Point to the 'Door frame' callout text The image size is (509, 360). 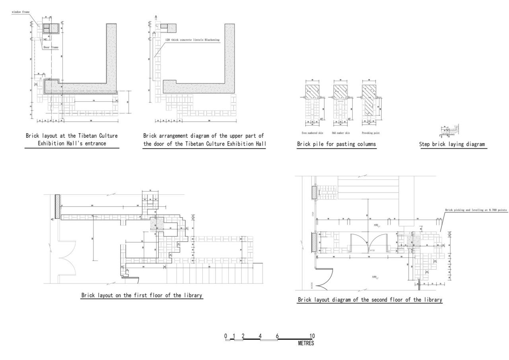51,47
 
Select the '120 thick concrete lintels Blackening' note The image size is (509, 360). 192,40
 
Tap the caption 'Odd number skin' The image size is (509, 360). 340,133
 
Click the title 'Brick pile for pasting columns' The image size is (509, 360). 336,144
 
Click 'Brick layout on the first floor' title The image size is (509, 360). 142,296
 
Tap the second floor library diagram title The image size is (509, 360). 370,300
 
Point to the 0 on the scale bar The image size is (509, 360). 225,337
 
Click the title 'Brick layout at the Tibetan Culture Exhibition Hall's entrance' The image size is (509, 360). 72,139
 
